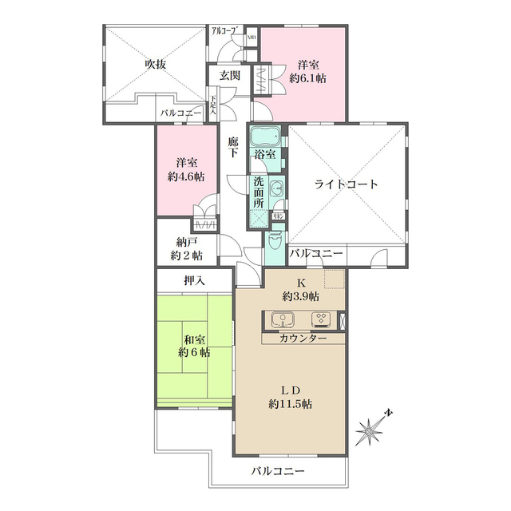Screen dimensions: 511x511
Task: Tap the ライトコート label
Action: click(347, 184)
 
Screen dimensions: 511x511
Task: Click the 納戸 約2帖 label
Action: click(186, 248)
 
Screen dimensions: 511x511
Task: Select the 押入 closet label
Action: click(194, 281)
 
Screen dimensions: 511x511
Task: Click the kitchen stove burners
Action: click(322, 320)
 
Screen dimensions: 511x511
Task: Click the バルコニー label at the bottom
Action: click(277, 471)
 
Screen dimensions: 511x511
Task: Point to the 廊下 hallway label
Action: click(232, 147)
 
